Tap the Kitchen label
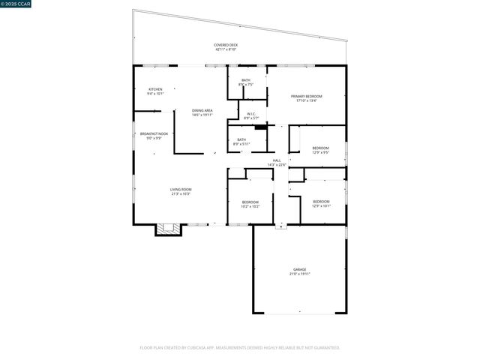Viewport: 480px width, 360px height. (x=155, y=89)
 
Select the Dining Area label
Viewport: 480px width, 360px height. (x=202, y=110)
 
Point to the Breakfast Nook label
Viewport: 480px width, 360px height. (x=154, y=133)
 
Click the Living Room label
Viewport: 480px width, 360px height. (x=181, y=189)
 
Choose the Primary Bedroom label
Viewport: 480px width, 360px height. (x=307, y=96)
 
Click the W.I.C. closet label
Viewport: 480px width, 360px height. (x=251, y=114)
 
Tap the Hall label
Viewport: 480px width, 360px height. (x=277, y=160)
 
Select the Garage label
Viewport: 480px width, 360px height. (x=299, y=269)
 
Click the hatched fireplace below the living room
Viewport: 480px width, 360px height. (x=169, y=229)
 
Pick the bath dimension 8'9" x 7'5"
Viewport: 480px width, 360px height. (x=246, y=85)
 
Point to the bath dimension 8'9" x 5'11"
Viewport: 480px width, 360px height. (x=241, y=144)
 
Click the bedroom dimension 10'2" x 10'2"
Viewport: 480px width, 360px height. (x=250, y=206)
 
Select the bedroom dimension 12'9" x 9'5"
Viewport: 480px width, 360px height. (x=320, y=152)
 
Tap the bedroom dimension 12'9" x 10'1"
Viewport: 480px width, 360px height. (x=320, y=205)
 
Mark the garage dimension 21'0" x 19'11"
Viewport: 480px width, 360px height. (x=299, y=274)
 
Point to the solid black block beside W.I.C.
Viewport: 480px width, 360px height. (x=261, y=127)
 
